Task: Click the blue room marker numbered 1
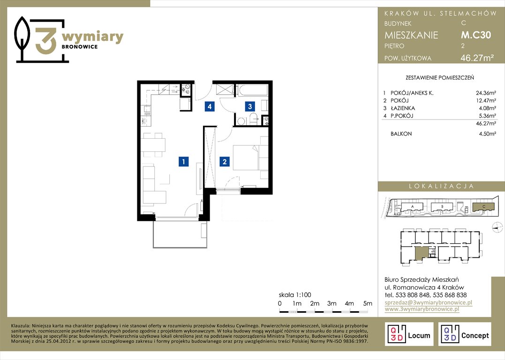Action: click(x=184, y=161)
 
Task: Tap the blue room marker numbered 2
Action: click(x=225, y=161)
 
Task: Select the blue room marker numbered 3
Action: click(x=250, y=106)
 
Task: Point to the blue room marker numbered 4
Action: click(x=210, y=106)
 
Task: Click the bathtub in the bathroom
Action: click(x=252, y=90)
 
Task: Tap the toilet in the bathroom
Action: click(x=254, y=119)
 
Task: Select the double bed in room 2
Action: click(x=246, y=157)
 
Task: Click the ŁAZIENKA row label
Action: click(x=403, y=108)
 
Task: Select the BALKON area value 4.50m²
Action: click(x=488, y=134)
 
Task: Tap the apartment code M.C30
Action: click(x=476, y=35)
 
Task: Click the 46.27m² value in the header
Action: click(x=477, y=58)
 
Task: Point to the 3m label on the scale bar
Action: click(x=332, y=303)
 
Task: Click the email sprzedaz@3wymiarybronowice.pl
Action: click(x=429, y=302)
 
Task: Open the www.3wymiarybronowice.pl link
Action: click(x=422, y=309)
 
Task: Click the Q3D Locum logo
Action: click(x=409, y=334)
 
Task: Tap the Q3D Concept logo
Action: click(x=465, y=334)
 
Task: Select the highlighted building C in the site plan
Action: click(x=483, y=207)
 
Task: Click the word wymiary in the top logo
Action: click(x=92, y=37)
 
